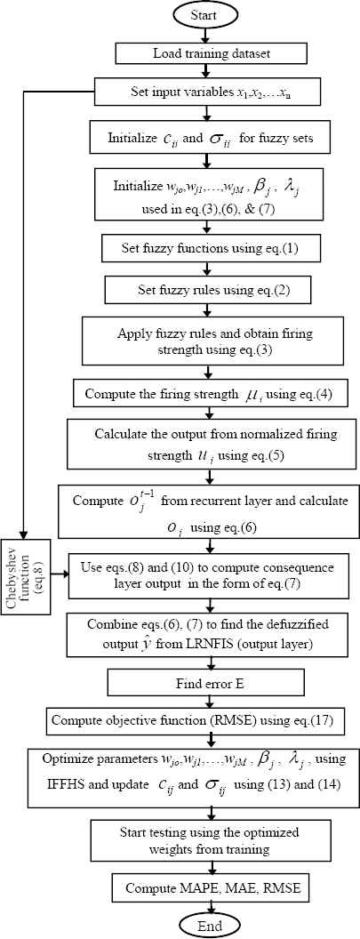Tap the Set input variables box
pos(207,93)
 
